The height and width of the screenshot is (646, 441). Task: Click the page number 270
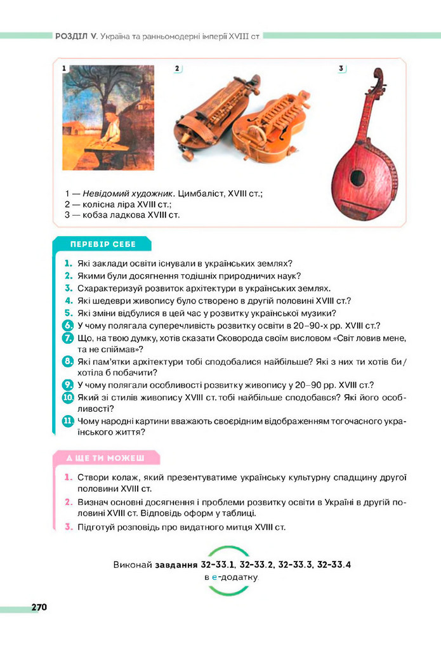tap(39, 607)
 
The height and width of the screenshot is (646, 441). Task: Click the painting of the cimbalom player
tap(108, 117)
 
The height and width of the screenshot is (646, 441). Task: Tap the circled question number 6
tap(68, 325)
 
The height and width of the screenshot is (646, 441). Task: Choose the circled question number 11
tap(68, 421)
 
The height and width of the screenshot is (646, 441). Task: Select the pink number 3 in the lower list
tap(68, 527)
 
